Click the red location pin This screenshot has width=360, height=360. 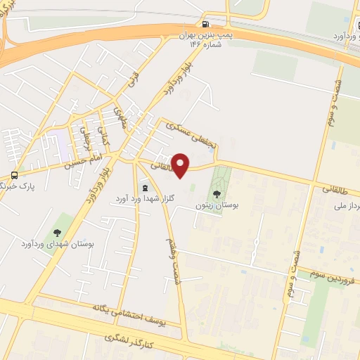tap(181, 165)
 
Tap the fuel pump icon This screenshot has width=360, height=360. tap(205, 22)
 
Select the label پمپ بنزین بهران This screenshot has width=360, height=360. tap(204, 34)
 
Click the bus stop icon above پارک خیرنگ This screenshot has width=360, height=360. tap(14, 175)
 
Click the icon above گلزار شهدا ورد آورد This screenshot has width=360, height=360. tap(145, 188)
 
